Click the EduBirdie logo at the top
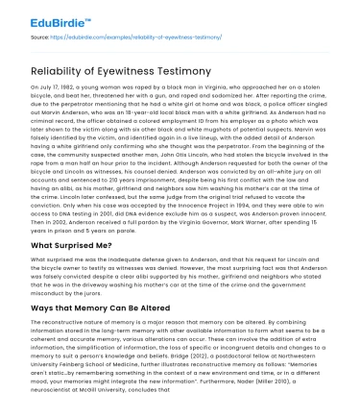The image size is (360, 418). click(x=40, y=19)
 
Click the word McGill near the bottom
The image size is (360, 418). click(x=98, y=405)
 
